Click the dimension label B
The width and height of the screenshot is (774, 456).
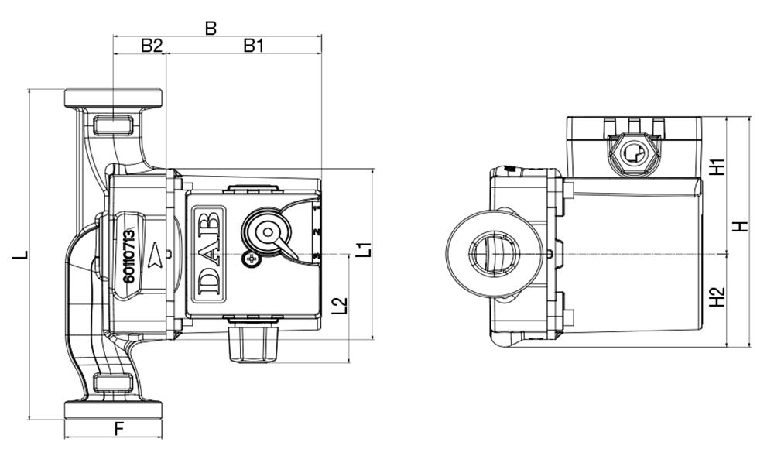click(x=210, y=28)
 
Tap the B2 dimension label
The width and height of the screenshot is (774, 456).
click(x=151, y=46)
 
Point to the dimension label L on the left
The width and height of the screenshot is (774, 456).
click(x=22, y=255)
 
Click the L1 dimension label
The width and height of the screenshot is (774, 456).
click(x=364, y=250)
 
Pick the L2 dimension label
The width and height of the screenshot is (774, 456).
click(x=339, y=306)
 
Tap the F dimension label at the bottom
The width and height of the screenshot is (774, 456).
click(x=118, y=427)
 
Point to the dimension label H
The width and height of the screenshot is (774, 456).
click(x=741, y=228)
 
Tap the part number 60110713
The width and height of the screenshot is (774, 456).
click(x=129, y=255)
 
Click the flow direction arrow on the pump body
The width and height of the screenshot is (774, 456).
click(x=158, y=252)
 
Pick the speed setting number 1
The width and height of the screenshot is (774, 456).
click(x=317, y=208)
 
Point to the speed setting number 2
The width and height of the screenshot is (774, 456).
click(x=317, y=232)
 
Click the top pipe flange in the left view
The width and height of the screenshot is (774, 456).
click(x=113, y=98)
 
